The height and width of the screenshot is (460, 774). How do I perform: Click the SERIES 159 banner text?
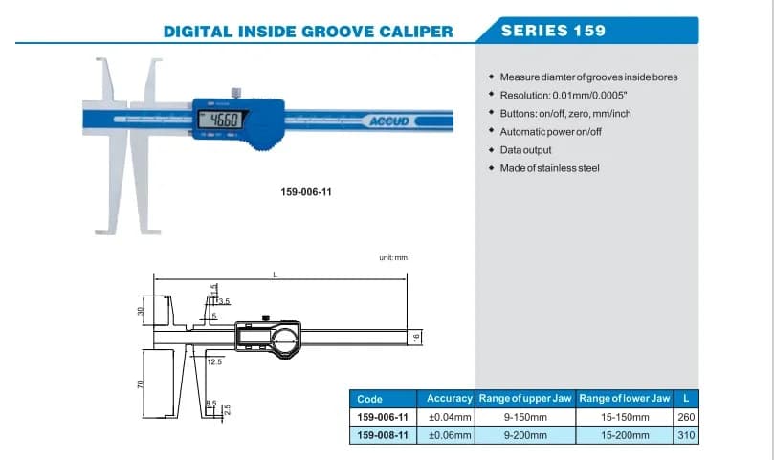point(553,31)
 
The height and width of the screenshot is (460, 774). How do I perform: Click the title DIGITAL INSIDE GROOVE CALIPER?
point(308,32)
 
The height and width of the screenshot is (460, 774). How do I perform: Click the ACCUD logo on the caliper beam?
point(389,120)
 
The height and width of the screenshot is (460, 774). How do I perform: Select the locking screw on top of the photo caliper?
point(236,93)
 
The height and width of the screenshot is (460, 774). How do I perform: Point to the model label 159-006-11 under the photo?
point(306,192)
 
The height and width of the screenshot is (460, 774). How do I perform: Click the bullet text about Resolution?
point(564,96)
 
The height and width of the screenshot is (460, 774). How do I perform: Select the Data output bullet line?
point(525,150)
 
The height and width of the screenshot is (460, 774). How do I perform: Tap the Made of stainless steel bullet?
point(549,168)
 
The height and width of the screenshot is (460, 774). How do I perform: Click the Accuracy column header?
point(450,398)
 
